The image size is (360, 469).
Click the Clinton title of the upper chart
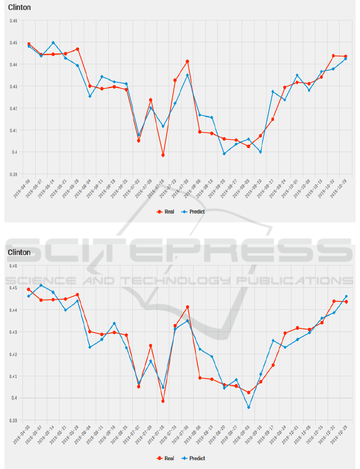click(19, 8)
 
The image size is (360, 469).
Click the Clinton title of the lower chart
click(19, 252)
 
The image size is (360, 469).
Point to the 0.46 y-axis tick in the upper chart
click(13, 20)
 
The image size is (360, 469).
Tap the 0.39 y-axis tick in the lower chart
click(13, 420)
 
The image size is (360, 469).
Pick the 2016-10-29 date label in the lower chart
click(339, 435)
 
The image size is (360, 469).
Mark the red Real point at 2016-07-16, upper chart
click(163, 155)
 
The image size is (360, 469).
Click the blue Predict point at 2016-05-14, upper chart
click(53, 42)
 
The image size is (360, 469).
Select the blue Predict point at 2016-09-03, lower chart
click(249, 408)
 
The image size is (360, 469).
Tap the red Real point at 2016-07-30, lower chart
click(187, 307)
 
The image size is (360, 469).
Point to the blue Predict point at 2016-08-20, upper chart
click(224, 154)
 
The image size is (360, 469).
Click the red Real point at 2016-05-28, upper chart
click(78, 49)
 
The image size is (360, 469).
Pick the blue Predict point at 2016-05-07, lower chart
click(41, 285)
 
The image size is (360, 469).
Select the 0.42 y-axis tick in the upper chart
click(13, 108)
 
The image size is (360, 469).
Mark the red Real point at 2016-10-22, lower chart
click(334, 301)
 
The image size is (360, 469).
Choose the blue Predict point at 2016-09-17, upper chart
click(273, 91)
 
